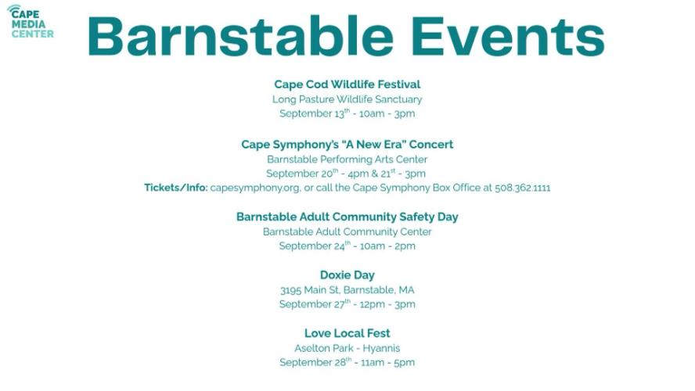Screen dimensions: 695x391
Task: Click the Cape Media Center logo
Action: (31, 21)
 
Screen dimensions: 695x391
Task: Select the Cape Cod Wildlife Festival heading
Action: (347, 84)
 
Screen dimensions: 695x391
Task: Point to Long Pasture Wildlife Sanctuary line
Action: (347, 99)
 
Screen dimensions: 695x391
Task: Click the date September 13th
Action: (315, 113)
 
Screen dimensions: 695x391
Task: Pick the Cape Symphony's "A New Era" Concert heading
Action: (347, 145)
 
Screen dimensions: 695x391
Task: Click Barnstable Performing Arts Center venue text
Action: (347, 159)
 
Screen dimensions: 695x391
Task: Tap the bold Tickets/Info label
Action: (176, 188)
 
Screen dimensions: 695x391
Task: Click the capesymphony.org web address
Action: (255, 188)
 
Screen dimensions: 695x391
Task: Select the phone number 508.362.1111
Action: (523, 188)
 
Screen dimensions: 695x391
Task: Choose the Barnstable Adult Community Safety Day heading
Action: (347, 217)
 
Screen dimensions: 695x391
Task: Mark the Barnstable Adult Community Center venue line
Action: (347, 231)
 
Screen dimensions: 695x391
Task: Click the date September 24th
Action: (315, 246)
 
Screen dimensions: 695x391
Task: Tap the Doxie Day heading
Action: (347, 275)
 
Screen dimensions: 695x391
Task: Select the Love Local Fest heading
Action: (347, 333)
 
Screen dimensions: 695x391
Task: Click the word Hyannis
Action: (381, 348)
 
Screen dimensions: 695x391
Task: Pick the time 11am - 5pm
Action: (388, 362)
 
